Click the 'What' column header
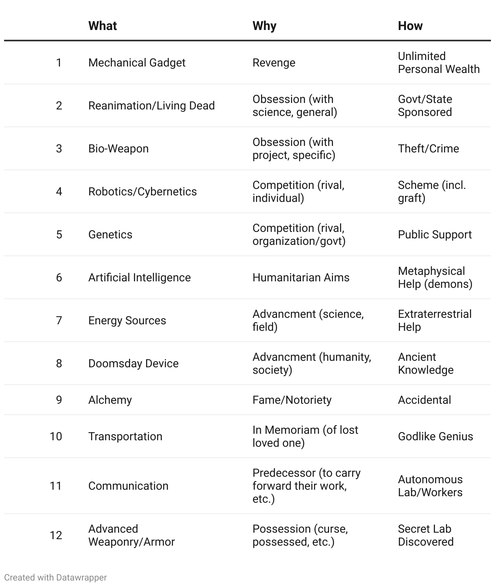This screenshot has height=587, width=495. coord(103,26)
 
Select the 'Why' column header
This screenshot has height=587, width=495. coord(264,26)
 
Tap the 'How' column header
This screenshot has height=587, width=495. coord(410,26)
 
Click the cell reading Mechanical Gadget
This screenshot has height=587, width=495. coord(137,63)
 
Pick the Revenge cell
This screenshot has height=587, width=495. coord(274,63)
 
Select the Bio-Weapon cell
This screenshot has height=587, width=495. coord(118,149)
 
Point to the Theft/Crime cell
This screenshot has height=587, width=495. coord(428,149)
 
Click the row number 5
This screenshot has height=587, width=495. coord(59,235)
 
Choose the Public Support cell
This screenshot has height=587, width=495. coord(435,235)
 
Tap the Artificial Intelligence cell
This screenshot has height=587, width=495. coord(140,278)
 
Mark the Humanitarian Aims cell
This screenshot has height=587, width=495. coord(301,278)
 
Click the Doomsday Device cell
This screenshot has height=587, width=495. coord(133,364)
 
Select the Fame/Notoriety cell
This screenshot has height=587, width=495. coord(292,400)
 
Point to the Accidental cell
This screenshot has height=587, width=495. coord(424,400)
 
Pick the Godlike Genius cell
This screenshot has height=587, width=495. coord(435,437)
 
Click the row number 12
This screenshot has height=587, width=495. coord(56,536)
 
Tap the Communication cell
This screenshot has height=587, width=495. coord(128,486)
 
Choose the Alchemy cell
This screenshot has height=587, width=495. coord(110,400)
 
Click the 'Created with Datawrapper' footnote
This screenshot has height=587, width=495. coord(56,577)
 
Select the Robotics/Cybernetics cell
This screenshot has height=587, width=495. coord(142,192)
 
